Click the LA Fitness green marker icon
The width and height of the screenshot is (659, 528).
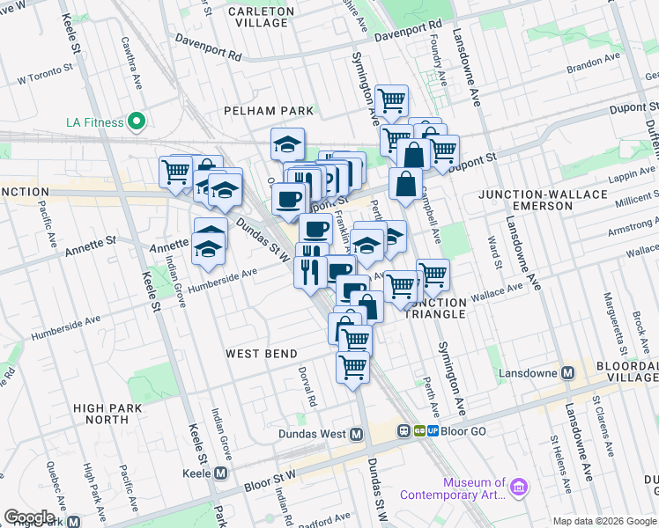click(136, 121)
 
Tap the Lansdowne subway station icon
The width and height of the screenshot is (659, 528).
click(568, 372)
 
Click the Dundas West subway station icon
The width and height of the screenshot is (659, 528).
click(357, 434)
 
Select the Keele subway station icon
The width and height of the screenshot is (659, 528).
click(220, 473)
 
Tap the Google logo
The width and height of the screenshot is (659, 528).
click(29, 517)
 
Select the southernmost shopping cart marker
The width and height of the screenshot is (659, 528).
click(352, 367)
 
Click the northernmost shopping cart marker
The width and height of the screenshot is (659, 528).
click(390, 100)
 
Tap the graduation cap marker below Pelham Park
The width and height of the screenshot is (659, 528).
click(286, 144)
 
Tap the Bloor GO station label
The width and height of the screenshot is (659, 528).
click(464, 432)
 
